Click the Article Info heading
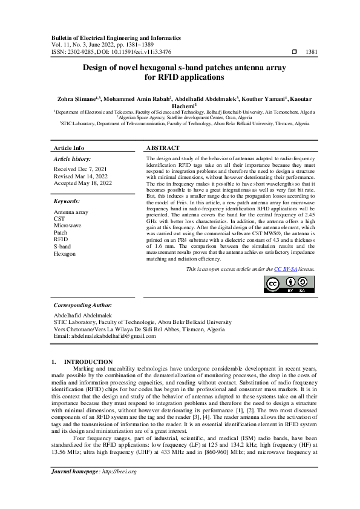70,148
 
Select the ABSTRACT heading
163,148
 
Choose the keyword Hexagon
65,254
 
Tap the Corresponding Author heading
83,306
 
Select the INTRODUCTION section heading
88,361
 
